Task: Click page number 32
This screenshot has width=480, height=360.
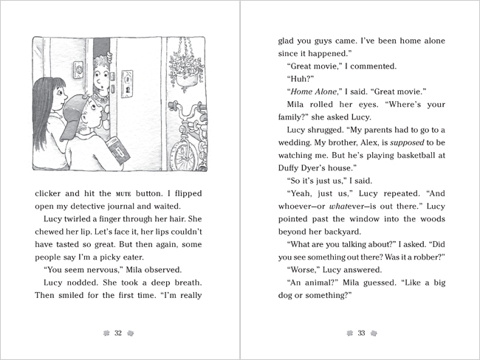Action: pyautogui.click(x=117, y=333)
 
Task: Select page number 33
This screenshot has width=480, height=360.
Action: pyautogui.click(x=362, y=333)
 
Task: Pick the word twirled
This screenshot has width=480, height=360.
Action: pyautogui.click(x=74, y=228)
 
